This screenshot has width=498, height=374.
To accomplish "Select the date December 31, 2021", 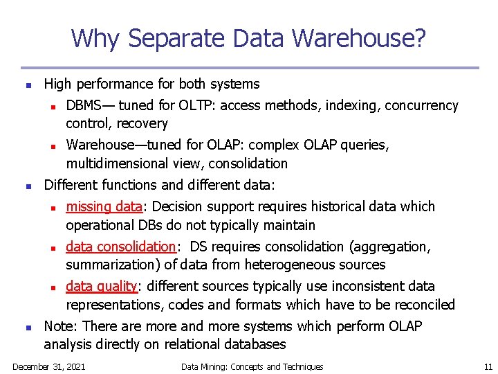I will tap(49, 366).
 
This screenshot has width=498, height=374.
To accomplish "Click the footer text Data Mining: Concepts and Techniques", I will tap(252, 366).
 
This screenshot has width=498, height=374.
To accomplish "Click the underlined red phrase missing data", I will tap(104, 206).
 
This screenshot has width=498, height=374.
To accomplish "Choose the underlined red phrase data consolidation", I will tap(121, 247).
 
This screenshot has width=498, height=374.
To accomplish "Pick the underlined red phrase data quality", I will tap(102, 286).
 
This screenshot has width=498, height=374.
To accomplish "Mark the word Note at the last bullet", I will tap(58, 326).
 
